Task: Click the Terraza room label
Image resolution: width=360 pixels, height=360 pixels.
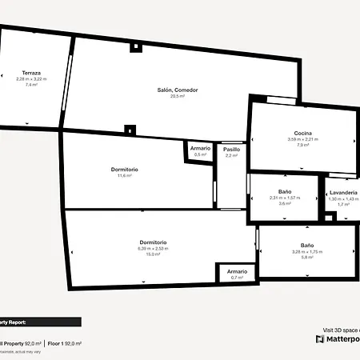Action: pos(32,73)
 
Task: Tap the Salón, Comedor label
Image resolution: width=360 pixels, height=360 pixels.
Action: pos(178,90)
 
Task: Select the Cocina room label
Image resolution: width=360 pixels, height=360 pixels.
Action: pos(302,133)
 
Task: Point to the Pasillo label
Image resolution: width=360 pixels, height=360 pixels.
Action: pos(232,150)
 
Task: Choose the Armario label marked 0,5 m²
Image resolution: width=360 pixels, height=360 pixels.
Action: pos(200,148)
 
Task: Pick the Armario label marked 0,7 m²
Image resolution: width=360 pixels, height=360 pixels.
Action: pos(236,271)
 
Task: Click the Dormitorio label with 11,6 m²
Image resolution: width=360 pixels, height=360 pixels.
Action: pos(125,169)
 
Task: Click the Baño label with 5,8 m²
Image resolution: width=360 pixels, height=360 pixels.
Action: pos(307,245)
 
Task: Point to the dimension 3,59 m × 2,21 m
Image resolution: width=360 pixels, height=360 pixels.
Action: pos(302,139)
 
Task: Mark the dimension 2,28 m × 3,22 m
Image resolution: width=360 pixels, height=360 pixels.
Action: pos(32,78)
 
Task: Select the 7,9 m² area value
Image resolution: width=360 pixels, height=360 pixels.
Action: pos(302,146)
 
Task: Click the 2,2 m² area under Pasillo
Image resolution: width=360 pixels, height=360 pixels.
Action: pos(232,156)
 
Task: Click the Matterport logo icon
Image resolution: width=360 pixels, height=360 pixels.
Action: pos(320,338)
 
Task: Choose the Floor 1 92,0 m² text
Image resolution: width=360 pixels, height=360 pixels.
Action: pos(63,343)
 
